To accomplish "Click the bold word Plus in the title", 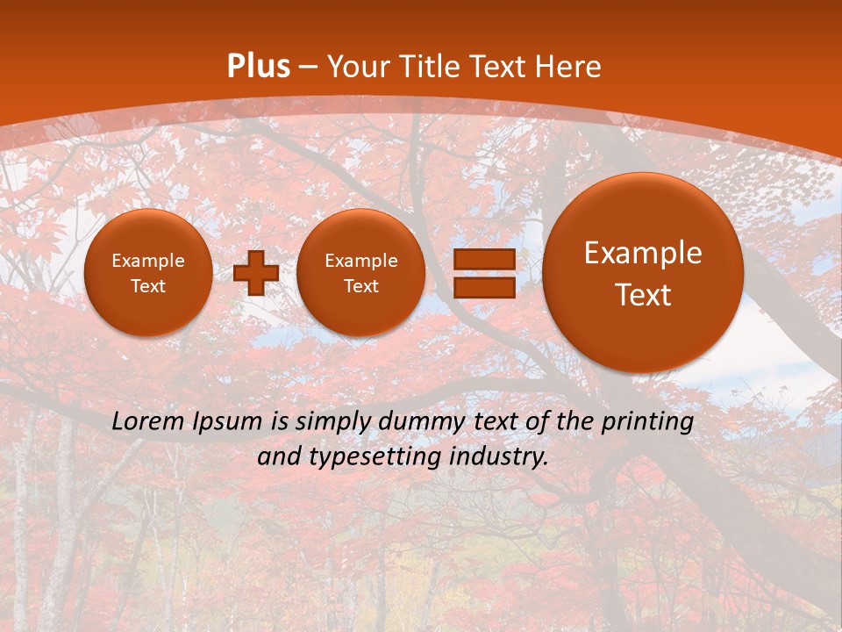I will coord(258,67).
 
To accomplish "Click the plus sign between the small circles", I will coord(256,273).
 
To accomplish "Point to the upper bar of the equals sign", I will coord(484,259).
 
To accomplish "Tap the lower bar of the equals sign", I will coord(484,288).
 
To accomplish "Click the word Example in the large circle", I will coord(643,253).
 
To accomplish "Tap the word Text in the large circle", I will coord(643,295).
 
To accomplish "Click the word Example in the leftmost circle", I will coord(147,261).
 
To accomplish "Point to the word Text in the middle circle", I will coord(360,286).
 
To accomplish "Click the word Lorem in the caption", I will coord(146,422).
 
